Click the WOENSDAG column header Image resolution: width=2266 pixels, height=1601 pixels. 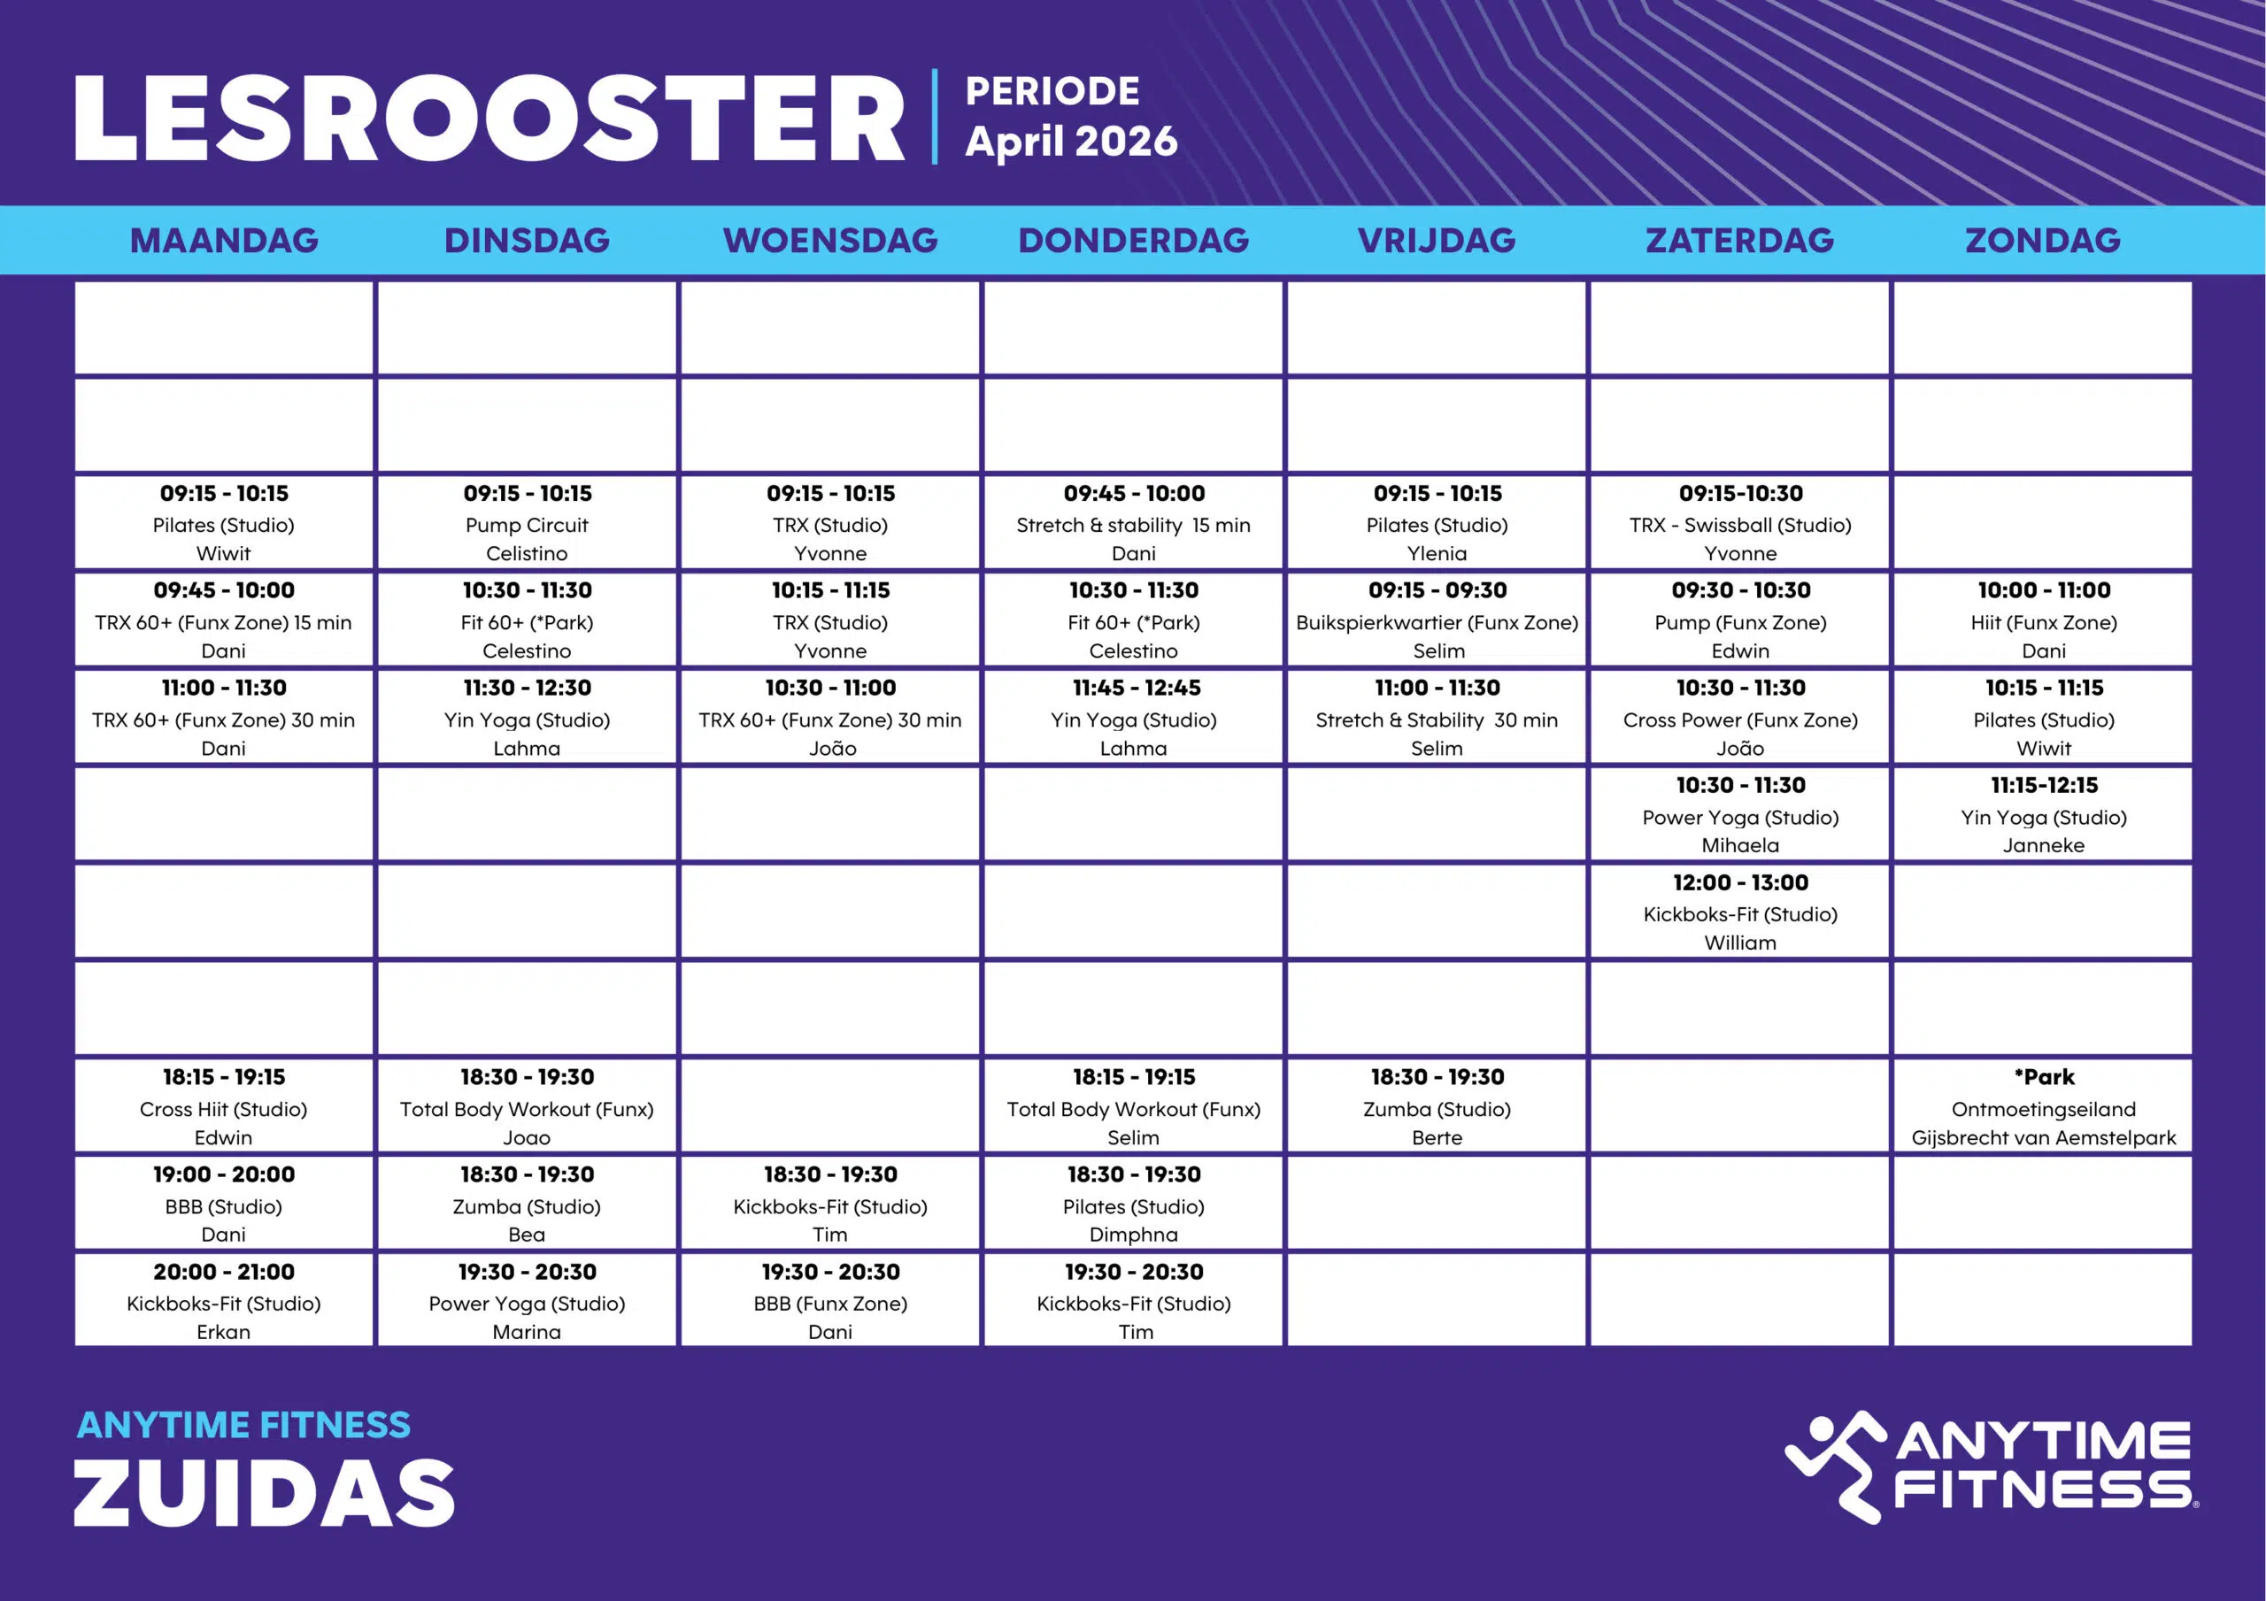point(830,240)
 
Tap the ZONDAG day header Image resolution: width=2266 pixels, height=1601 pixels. point(2042,240)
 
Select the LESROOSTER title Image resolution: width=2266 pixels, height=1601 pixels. point(489,119)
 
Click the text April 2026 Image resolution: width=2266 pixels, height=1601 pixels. point(1071,141)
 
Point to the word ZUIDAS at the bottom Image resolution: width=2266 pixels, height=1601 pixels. point(264,1491)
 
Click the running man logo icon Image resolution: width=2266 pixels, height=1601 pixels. point(1833,1466)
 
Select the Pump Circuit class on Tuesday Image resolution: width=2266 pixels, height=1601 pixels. point(527,525)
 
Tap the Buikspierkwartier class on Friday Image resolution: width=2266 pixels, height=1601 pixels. point(1437,623)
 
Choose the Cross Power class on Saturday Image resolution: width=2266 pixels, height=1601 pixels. point(1740,720)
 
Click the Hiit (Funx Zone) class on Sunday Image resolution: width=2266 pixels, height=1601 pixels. point(2043,623)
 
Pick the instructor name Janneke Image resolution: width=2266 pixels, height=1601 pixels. point(2043,845)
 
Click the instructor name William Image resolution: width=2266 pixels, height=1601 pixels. point(1740,943)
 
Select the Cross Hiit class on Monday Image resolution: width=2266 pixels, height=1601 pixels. point(224,1110)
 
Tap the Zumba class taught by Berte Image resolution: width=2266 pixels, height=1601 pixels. point(1437,1110)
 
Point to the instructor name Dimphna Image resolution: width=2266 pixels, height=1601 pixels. point(1133,1235)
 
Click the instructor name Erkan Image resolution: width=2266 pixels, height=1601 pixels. point(224,1332)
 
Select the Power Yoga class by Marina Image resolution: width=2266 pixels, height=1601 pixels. point(527,1304)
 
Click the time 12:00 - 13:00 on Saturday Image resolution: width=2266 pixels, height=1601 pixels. point(1740,882)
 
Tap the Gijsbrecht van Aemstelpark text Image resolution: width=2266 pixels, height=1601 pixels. point(2043,1137)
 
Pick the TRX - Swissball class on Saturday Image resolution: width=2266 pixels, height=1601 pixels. point(1740,525)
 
